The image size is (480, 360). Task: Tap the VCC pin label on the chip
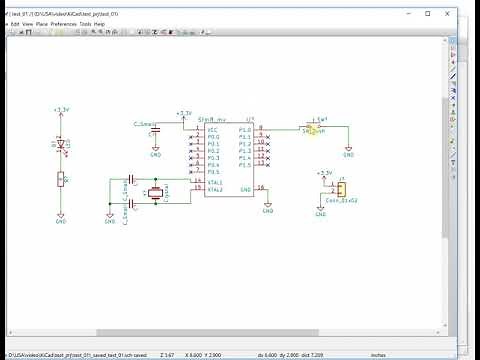(x=212, y=130)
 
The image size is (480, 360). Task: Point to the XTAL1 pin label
(x=215, y=181)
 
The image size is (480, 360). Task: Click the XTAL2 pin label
(x=215, y=188)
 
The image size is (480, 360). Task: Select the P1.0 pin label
(x=245, y=130)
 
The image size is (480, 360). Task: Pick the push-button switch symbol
(x=314, y=129)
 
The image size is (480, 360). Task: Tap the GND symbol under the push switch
(x=348, y=154)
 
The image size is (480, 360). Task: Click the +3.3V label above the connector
(x=323, y=173)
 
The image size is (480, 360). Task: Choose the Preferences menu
(x=63, y=23)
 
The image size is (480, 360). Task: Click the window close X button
(x=457, y=13)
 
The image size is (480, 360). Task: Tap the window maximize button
(x=428, y=13)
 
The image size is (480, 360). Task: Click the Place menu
(x=41, y=23)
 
